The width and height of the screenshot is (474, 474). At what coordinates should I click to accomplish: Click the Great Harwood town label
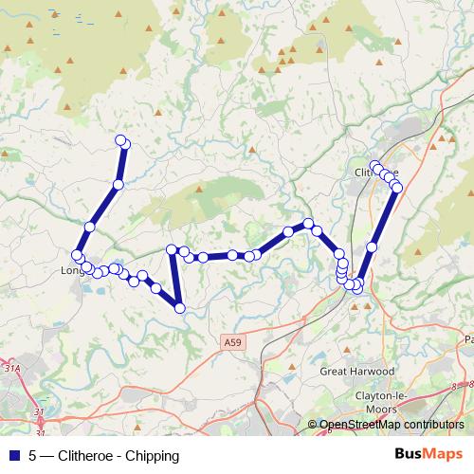356,371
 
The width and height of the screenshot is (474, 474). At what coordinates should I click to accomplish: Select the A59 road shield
234,340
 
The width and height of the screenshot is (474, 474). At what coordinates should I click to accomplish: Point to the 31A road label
11,366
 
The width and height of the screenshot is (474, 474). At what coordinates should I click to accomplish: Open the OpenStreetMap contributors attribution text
391,425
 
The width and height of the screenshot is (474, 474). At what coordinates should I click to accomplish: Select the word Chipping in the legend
152,455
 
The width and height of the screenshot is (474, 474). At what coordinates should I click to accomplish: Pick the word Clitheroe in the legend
87,455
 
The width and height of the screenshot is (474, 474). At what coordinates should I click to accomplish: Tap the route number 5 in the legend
33,455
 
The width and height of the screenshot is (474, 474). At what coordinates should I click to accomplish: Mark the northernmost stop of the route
120,140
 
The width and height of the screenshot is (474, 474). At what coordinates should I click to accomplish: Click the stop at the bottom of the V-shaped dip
178,306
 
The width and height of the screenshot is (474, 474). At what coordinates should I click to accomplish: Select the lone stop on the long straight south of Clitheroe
372,246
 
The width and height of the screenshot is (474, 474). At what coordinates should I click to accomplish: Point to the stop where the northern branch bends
118,184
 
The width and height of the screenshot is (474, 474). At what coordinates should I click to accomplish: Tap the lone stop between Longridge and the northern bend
90,226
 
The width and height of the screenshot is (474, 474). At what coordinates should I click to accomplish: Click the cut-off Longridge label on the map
72,270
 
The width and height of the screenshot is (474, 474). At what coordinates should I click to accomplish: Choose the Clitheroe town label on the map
375,173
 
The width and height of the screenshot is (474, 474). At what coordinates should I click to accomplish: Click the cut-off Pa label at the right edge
467,338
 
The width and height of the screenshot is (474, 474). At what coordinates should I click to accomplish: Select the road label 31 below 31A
39,411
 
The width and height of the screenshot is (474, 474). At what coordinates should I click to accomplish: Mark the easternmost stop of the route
397,188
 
